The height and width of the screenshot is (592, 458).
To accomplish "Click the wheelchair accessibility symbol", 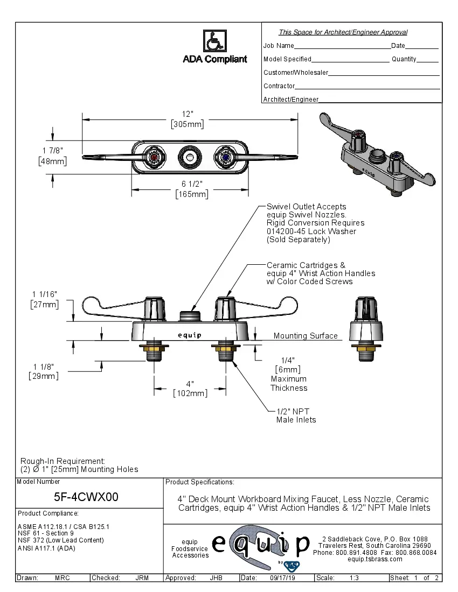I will click(x=214, y=41).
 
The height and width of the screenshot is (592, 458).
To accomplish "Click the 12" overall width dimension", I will click(x=188, y=119).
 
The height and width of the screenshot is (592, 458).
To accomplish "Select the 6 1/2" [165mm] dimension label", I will click(x=192, y=189).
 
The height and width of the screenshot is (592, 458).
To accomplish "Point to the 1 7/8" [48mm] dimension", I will click(x=52, y=156).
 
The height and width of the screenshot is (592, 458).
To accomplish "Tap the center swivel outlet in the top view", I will click(x=190, y=157).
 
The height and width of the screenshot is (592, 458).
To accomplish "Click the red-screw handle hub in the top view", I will click(x=156, y=157).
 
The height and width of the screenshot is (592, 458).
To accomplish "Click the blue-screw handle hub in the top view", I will click(x=225, y=157).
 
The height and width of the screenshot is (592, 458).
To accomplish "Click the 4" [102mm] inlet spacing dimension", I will click(x=190, y=389).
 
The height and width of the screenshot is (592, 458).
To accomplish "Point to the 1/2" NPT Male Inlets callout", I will click(x=296, y=415).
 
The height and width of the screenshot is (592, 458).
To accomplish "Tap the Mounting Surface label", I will click(x=306, y=336).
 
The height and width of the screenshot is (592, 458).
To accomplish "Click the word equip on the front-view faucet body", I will click(x=190, y=335).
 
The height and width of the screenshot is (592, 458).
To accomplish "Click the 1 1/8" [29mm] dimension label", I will click(x=44, y=371).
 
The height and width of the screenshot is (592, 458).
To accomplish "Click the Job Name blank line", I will click(x=342, y=47).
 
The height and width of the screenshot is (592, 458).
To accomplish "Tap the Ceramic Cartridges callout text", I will click(x=321, y=273).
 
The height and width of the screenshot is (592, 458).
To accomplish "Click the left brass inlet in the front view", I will click(x=155, y=353).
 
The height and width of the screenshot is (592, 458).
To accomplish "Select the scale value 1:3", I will click(x=355, y=578).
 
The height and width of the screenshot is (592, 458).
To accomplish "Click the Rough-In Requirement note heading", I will click(x=63, y=461).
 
